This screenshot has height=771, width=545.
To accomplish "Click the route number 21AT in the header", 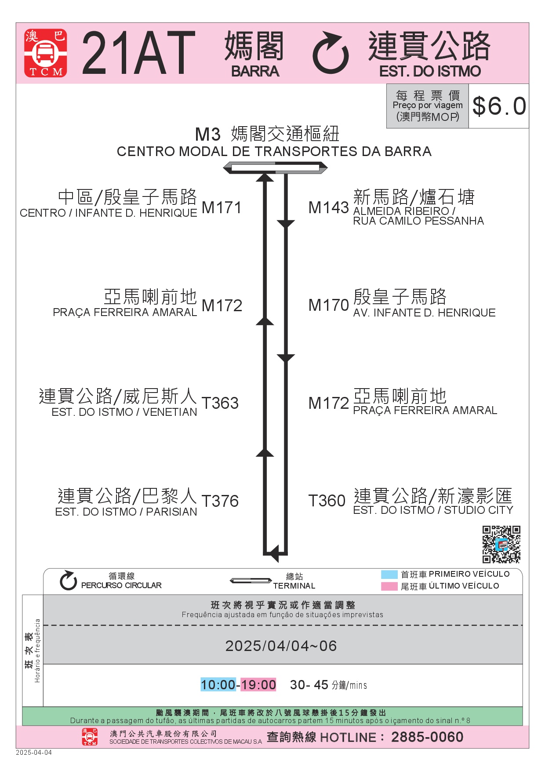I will [138, 53].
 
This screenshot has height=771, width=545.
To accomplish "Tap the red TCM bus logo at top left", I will [46, 53].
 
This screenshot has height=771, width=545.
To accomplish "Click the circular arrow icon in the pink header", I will [331, 53].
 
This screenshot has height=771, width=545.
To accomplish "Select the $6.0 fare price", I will [499, 106].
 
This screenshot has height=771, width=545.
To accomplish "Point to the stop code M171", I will [222, 208].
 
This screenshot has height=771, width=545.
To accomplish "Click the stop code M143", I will [328, 208].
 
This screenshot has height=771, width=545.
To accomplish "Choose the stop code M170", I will [328, 305].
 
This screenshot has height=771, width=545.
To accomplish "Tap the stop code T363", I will [220, 403].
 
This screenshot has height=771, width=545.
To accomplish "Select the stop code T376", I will [220, 501].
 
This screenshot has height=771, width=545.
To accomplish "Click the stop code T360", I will [327, 501].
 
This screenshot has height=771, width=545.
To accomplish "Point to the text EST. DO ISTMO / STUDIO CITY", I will [433, 510].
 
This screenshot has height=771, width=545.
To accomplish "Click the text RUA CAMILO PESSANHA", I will [418, 221].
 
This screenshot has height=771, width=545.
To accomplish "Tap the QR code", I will [501, 544].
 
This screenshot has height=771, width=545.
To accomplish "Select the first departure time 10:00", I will [218, 684].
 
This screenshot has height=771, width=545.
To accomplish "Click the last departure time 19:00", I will [258, 684].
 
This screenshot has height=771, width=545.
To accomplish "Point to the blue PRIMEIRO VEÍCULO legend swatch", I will [389, 575].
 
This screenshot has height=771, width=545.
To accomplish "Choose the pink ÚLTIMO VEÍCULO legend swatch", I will [389, 586].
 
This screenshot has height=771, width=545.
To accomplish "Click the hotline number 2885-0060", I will [427, 737].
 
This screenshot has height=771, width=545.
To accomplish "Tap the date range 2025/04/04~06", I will [281, 646].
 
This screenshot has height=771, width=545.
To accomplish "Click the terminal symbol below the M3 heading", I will [275, 168].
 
